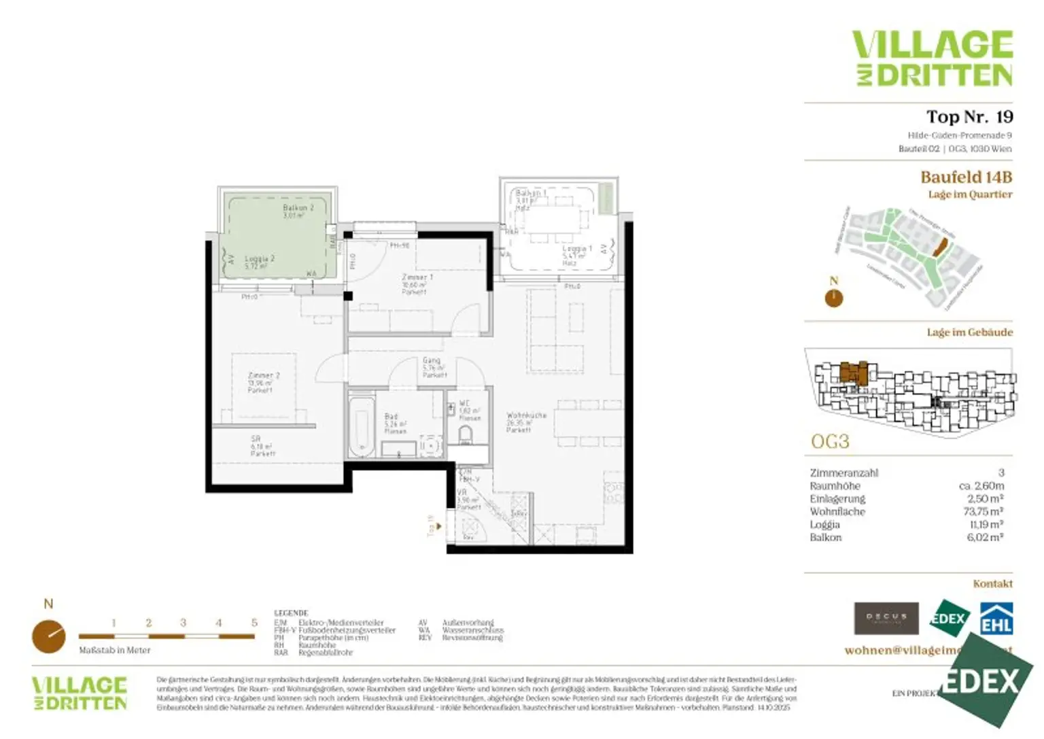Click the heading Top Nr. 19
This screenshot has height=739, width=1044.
coord(969,117)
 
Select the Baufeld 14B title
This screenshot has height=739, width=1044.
coord(966,177)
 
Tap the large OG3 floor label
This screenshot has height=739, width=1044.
coord(830,442)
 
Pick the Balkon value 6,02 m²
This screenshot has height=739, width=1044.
coord(985,538)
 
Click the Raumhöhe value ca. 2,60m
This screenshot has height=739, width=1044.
coord(981,486)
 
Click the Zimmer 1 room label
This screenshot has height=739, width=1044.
coord(417,277)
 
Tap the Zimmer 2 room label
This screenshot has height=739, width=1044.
coord(263,375)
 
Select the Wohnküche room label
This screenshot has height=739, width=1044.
coord(526,415)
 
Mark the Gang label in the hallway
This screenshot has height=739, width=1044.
coord(432,360)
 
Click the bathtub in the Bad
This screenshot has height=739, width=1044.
coord(360,427)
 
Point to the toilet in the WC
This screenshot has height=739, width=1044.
coord(466,434)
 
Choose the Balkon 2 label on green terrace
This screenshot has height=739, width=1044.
coord(298,207)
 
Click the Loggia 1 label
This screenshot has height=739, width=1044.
coord(577,249)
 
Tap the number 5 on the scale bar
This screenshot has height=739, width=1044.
coord(254,623)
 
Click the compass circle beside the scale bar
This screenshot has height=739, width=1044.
coord(49,636)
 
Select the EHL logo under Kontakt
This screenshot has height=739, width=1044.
coord(996,619)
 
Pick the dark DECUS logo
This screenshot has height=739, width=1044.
coord(886,618)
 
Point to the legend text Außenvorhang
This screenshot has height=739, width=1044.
coord(468,623)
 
